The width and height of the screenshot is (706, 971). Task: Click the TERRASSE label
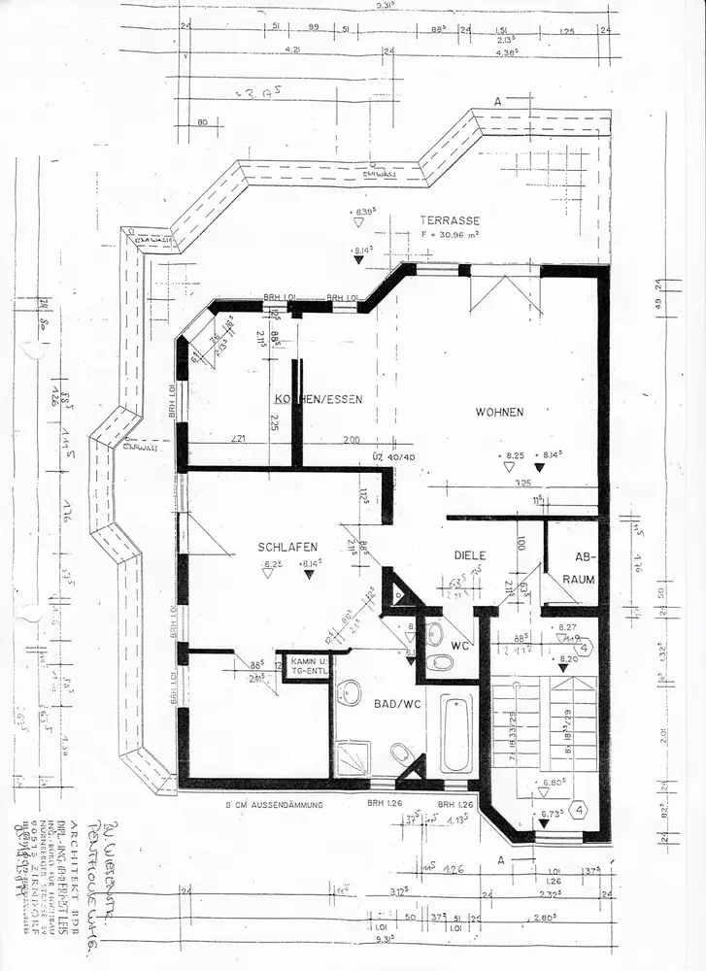point(450,220)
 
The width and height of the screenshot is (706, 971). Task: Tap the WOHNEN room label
point(499,413)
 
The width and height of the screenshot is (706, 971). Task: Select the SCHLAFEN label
point(288,547)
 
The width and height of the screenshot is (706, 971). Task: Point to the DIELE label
point(469,555)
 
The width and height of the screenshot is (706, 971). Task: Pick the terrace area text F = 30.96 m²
point(451,235)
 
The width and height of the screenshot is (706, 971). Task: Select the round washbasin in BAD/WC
point(349,692)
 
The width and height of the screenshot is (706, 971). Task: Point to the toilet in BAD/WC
point(399,753)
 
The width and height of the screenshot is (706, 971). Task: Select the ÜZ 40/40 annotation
point(392,456)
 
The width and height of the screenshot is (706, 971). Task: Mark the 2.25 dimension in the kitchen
point(275,422)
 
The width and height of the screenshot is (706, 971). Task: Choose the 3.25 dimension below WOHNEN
point(521,483)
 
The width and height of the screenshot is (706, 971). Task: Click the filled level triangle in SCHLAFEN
point(309,574)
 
